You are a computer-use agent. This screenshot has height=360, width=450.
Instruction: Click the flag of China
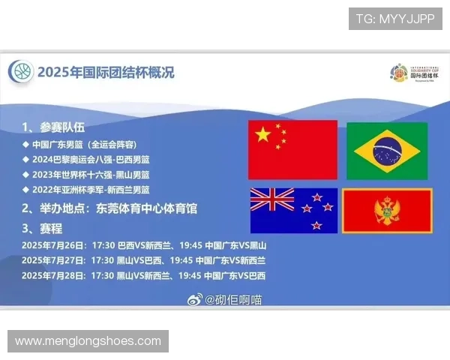[x=292, y=149]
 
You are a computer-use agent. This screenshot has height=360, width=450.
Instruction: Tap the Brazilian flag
[x=386, y=150]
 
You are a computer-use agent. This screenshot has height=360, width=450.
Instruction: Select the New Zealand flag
[x=293, y=211]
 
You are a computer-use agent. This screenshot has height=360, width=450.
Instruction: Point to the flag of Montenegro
[x=387, y=211]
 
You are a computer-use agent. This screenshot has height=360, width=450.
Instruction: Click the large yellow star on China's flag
[x=263, y=135]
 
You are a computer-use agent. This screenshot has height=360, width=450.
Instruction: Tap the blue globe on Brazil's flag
[x=386, y=150]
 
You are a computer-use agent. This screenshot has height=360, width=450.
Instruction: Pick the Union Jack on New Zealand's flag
[x=272, y=199]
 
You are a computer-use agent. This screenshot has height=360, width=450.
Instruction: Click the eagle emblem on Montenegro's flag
[x=387, y=211]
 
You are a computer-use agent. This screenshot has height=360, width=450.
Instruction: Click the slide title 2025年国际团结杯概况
[x=106, y=73]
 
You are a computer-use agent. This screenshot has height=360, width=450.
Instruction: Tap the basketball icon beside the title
[x=21, y=72]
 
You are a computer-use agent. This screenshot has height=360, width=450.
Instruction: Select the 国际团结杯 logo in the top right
[x=413, y=73]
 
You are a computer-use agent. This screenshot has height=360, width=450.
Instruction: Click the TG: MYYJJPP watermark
[x=395, y=19]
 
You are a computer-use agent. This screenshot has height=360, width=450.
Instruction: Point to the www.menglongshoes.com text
[x=88, y=341]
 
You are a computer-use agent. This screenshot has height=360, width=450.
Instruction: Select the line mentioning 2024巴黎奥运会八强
[x=90, y=160]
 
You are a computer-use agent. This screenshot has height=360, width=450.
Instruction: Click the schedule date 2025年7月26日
[x=52, y=245]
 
